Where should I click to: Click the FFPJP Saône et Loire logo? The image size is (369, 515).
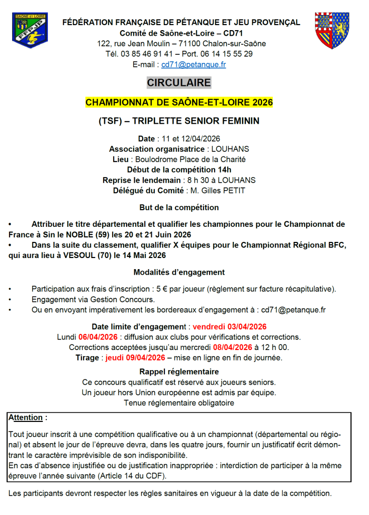pyautogui.click(x=30, y=31)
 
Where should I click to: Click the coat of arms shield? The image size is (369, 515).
pyautogui.click(x=332, y=31)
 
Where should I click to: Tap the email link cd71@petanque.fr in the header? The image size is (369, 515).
pyautogui.click(x=194, y=64)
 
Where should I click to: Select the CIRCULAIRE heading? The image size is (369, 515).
pyautogui.click(x=179, y=82)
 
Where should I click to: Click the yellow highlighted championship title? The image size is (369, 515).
pyautogui.click(x=179, y=102)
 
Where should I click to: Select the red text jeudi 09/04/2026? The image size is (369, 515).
pyautogui.click(x=135, y=358)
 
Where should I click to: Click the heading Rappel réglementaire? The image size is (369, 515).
pyautogui.click(x=179, y=372)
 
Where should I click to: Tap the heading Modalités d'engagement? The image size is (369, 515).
pyautogui.click(x=179, y=272)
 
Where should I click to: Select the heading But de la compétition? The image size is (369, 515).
pyautogui.click(x=179, y=207)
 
